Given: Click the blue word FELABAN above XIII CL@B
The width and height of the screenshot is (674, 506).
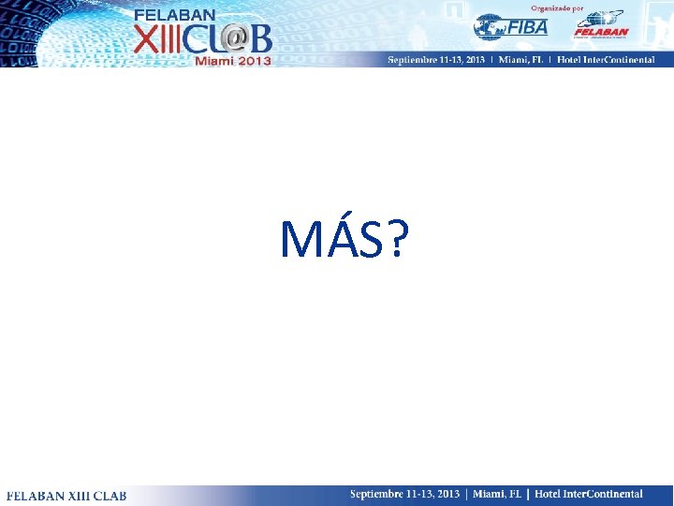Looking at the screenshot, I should [x=175, y=15].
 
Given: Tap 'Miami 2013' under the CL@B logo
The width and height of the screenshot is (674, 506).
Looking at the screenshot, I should [x=233, y=61].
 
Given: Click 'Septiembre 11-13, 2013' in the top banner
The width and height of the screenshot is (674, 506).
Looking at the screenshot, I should [x=436, y=60].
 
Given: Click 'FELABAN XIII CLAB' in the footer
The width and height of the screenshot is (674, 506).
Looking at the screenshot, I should [x=66, y=495].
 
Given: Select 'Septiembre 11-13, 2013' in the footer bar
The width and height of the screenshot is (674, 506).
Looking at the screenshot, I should [x=405, y=494].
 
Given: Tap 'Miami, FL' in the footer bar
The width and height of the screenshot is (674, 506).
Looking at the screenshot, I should [x=496, y=494].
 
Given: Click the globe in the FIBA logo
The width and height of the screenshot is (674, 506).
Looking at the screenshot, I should [x=489, y=26].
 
